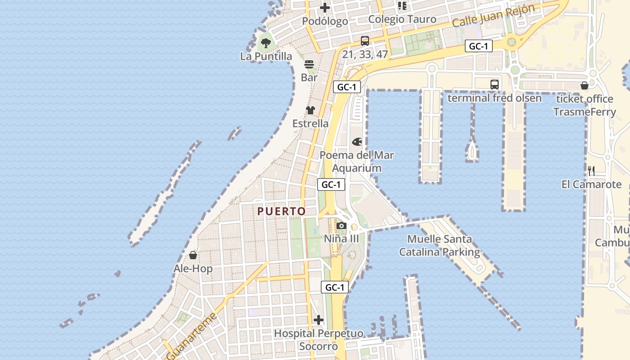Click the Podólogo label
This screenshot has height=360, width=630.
click(325, 21)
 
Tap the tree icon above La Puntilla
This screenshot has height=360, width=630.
click(266, 43)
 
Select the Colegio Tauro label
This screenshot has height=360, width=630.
click(402, 19)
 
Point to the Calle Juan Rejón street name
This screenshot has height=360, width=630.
click(493, 16)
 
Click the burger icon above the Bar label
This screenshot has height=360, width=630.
click(309, 64)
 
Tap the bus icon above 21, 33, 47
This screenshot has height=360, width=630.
click(365, 41)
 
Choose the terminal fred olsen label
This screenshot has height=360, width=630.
click(495, 98)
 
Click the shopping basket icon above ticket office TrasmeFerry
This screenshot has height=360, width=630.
click(585, 85)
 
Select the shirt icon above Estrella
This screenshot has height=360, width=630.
click(310, 110)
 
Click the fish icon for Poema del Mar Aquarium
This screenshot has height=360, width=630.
click(357, 142)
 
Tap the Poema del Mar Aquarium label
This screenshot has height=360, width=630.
click(357, 162)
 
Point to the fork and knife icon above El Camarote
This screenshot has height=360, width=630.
click(591, 171)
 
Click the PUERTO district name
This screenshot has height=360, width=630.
click(282, 211)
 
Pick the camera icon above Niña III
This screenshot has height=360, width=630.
click(342, 225)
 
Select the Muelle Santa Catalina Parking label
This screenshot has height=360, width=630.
click(440, 245)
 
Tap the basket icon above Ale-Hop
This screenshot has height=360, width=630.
click(193, 255)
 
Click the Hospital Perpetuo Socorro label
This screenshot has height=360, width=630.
click(319, 340)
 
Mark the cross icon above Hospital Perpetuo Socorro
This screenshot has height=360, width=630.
click(319, 320)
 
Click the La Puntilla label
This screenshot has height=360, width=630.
click(266, 56)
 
